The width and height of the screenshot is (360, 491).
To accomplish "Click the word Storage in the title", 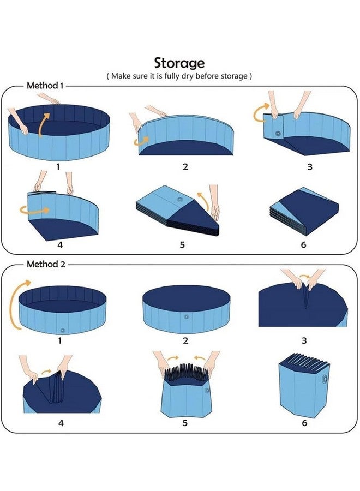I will pyautogui.click(x=179, y=63).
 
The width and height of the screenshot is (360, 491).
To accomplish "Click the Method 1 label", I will pyautogui.click(x=45, y=86).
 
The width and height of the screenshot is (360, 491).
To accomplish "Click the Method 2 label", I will pyautogui.click(x=46, y=264).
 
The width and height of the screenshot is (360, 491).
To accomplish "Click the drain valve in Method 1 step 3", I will pyautogui.click(x=278, y=134).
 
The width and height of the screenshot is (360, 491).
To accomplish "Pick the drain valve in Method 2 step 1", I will pyautogui.click(x=62, y=330).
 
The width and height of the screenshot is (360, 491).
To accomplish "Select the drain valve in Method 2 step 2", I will pyautogui.click(x=186, y=316).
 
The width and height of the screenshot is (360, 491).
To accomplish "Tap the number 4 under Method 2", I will pyautogui.click(x=61, y=422).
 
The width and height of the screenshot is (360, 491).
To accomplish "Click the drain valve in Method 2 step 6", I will pyautogui.click(x=326, y=380).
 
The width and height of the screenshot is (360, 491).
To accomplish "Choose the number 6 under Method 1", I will pyautogui.click(x=304, y=245).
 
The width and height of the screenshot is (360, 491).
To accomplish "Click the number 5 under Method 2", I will pyautogui.click(x=185, y=423).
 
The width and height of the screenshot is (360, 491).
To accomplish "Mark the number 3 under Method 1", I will pyautogui.click(x=309, y=167).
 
